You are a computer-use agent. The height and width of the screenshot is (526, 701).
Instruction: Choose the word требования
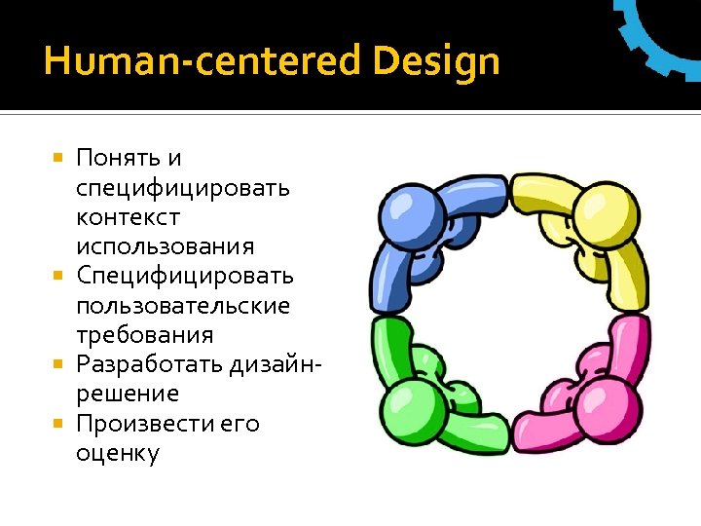pyautogui.click(x=144, y=335)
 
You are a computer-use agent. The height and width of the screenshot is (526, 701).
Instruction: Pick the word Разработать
pyautogui.click(x=151, y=364)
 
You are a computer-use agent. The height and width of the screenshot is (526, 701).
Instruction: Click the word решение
pyautogui.click(x=128, y=394)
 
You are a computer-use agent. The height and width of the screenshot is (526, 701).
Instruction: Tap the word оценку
pyautogui.click(x=118, y=454)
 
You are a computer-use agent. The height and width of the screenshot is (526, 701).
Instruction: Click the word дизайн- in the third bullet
pyautogui.click(x=277, y=364)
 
